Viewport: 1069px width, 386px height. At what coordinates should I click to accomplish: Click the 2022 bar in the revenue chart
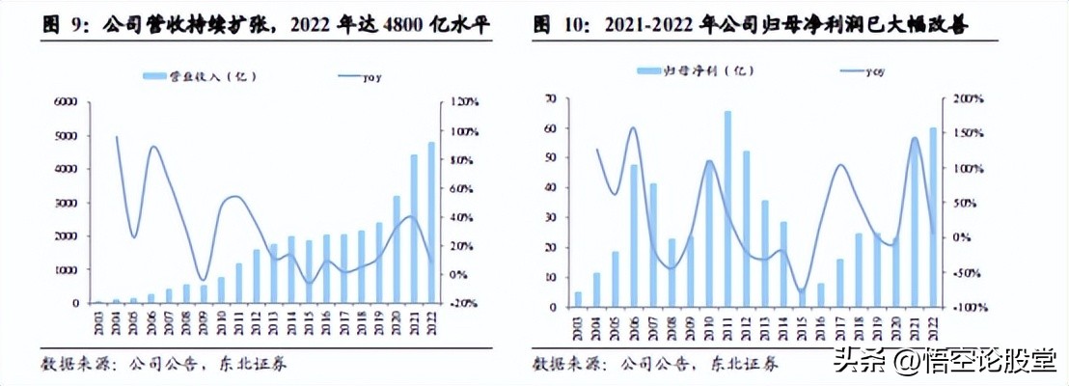click(x=431, y=223)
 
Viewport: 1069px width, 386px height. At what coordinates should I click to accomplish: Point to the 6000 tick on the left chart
click(x=65, y=101)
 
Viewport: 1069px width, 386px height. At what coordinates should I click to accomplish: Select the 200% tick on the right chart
click(x=968, y=98)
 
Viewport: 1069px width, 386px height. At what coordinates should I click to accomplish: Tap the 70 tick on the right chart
click(x=551, y=98)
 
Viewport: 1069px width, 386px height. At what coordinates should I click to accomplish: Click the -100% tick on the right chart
click(x=968, y=307)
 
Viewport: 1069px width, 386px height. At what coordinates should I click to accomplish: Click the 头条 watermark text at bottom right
click(x=852, y=363)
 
